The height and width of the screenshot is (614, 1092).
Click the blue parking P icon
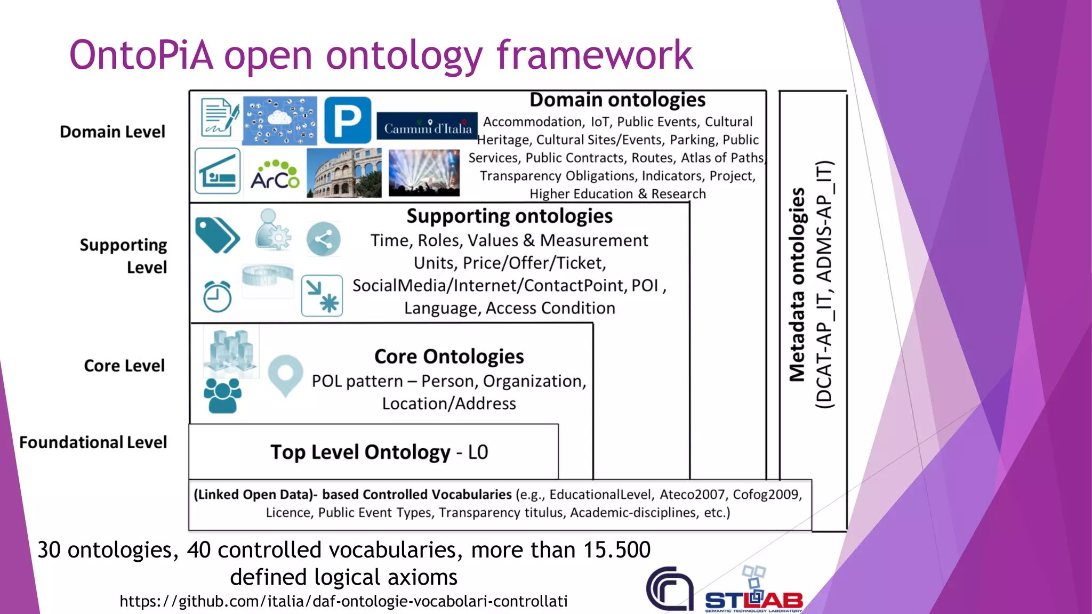pyautogui.click(x=347, y=120)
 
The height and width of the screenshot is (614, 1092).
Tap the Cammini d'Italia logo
pyautogui.click(x=427, y=126)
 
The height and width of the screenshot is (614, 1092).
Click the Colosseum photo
pyautogui.click(x=344, y=173)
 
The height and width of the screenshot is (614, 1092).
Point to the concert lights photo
pyautogui.click(x=424, y=173)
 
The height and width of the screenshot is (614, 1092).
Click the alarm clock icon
pyautogui.click(x=217, y=296)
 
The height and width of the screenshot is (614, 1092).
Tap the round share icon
pyautogui.click(x=323, y=239)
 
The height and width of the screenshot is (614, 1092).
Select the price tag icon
pyautogui.click(x=216, y=235)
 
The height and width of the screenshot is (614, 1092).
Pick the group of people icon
pyautogui.click(x=222, y=395)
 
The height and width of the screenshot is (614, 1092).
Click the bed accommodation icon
pyautogui.click(x=218, y=171)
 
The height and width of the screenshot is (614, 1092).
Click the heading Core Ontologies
pyautogui.click(x=449, y=357)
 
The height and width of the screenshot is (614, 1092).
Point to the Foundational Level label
pyautogui.click(x=93, y=442)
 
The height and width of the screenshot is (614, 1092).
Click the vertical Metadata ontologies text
pyautogui.click(x=797, y=285)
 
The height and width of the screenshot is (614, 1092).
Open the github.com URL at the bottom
pyautogui.click(x=343, y=601)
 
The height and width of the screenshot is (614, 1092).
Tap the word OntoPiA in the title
pyautogui.click(x=141, y=55)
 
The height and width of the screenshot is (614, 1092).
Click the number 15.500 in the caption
pyautogui.click(x=617, y=550)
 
